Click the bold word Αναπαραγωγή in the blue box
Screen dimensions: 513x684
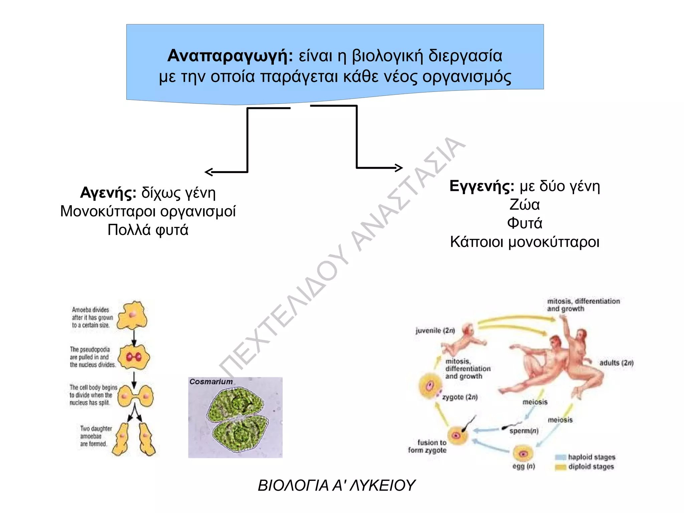tap(230, 56)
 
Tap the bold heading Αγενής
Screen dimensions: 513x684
tap(108, 193)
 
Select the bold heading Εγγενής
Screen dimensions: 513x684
tap(481, 186)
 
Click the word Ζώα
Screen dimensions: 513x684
tap(524, 205)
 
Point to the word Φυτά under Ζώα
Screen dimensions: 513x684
tap(524, 223)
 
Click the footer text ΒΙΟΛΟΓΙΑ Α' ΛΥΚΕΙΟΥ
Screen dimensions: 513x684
tap(336, 485)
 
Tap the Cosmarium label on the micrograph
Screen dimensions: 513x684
tap(211, 382)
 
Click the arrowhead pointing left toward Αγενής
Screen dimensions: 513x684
tap(208, 172)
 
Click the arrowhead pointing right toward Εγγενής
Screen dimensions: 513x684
tap(399, 168)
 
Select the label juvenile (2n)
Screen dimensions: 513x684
tap(435, 331)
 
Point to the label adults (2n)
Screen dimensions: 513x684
tap(616, 363)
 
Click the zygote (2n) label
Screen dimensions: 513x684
tap(460, 397)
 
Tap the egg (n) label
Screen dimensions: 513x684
tap(523, 466)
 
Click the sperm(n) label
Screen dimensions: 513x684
tap(524, 431)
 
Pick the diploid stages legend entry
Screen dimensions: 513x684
tap(591, 467)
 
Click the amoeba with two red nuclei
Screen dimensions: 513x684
tap(134, 357)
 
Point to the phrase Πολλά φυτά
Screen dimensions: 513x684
tap(148, 230)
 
